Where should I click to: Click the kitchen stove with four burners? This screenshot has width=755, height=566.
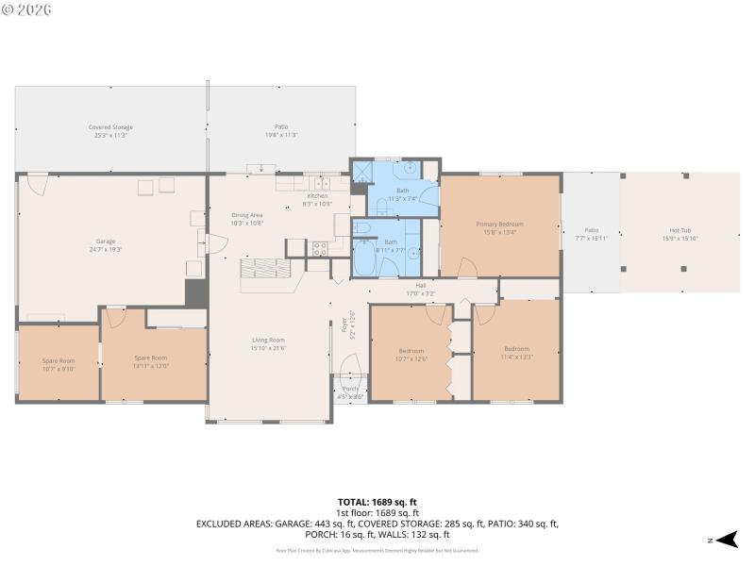(x=320, y=249)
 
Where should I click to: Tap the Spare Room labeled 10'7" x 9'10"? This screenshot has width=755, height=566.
(x=58, y=362)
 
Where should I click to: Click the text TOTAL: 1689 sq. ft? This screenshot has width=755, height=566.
(x=377, y=502)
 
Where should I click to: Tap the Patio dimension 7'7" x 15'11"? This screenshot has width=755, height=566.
(x=591, y=235)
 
